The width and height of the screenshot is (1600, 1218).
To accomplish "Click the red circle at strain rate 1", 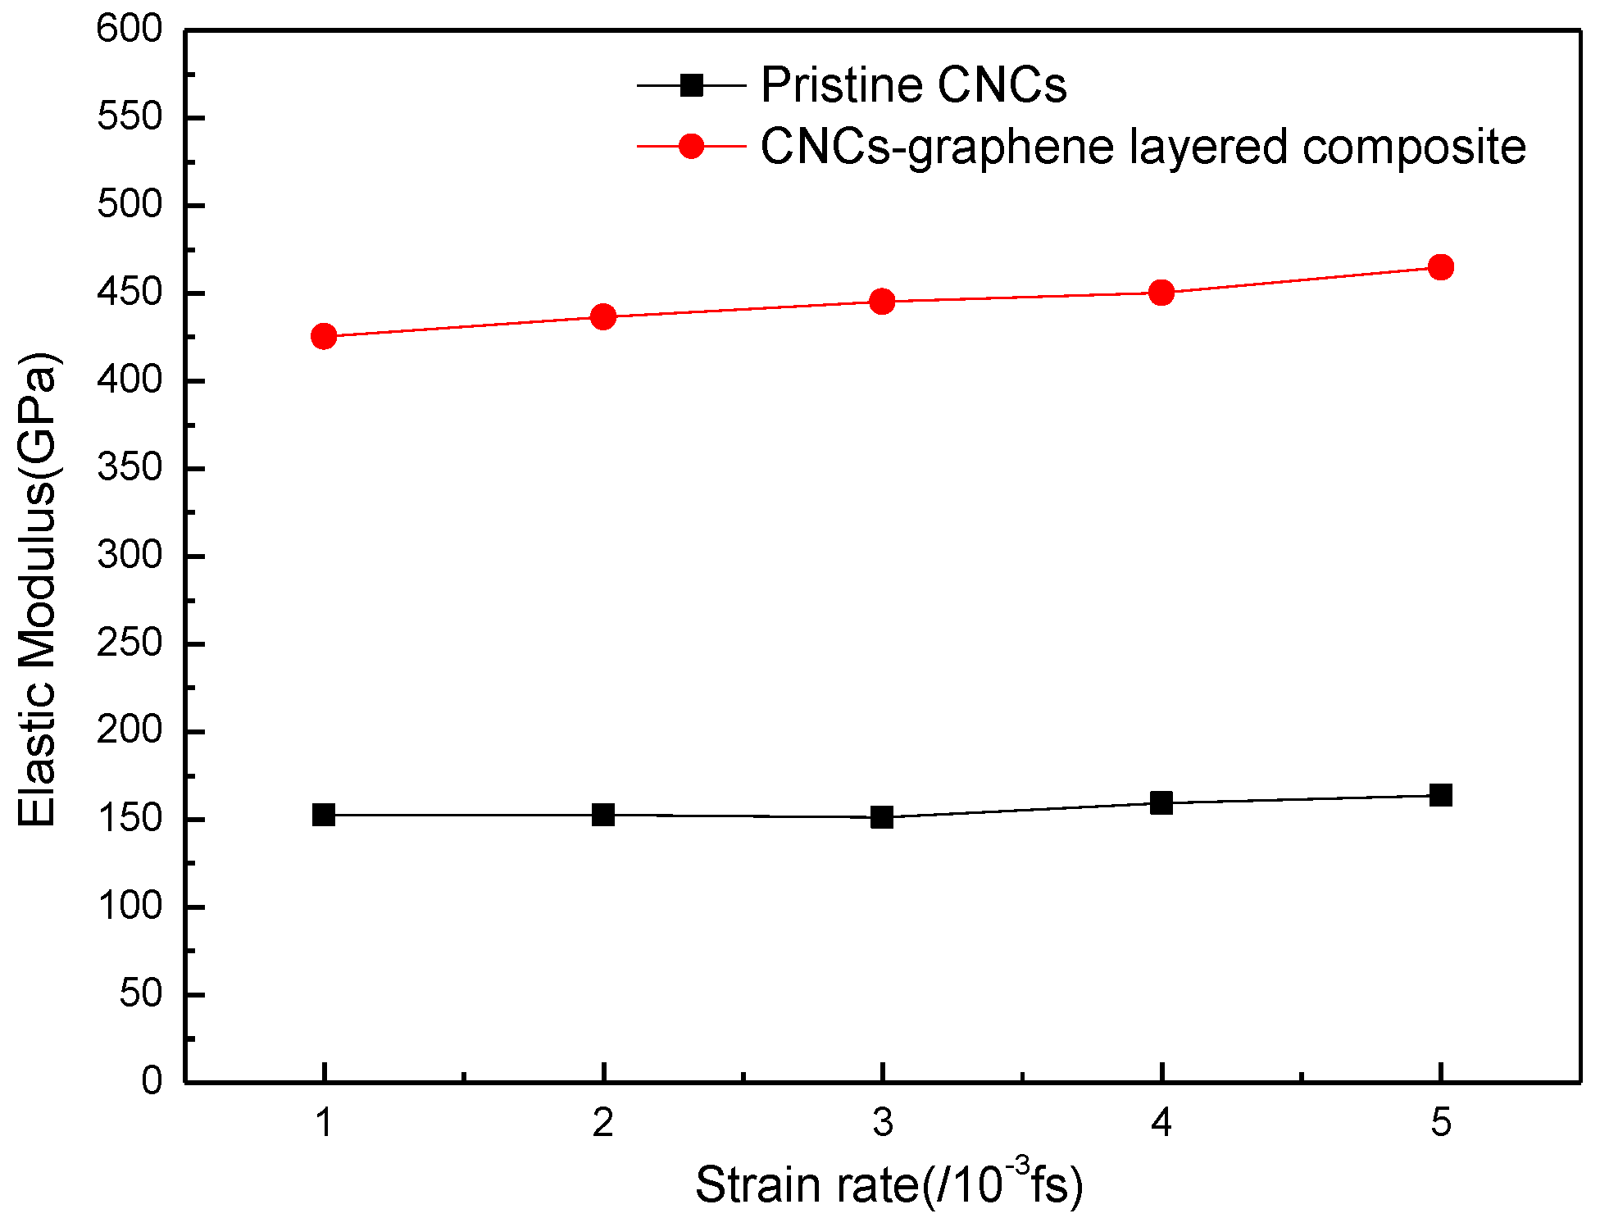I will click(324, 336).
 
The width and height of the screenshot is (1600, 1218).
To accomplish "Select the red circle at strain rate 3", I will click(882, 302).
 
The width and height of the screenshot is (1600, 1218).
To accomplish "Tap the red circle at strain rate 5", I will click(1440, 266).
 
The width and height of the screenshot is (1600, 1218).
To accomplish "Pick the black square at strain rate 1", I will click(324, 815).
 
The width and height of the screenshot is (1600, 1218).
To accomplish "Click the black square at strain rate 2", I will click(603, 815).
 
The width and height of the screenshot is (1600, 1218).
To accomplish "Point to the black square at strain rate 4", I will click(1161, 802).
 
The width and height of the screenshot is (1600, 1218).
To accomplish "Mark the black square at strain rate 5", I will click(1440, 795).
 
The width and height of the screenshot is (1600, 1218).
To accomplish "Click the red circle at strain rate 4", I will click(1161, 293).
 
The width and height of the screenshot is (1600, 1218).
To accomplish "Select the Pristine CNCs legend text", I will click(913, 84).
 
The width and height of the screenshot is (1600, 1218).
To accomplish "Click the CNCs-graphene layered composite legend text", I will click(1143, 148).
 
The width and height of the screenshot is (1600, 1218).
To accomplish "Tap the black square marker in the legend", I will click(692, 85).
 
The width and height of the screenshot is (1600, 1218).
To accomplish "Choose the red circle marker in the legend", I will click(692, 147).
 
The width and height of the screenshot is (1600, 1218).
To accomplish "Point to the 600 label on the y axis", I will click(130, 30).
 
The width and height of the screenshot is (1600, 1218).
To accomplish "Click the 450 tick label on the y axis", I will click(130, 293).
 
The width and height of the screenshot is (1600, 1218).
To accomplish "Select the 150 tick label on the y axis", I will click(130, 819).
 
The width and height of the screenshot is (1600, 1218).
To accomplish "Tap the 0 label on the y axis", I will click(152, 1081).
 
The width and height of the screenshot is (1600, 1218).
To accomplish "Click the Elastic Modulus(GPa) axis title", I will click(38, 590).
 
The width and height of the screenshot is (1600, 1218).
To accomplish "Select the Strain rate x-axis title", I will click(889, 1184).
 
